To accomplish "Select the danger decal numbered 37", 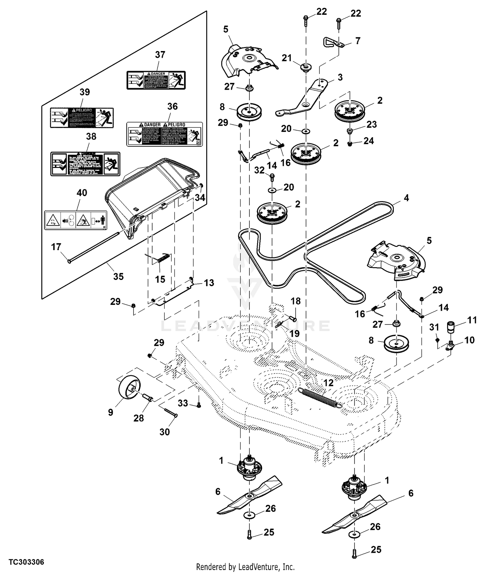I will [156, 80].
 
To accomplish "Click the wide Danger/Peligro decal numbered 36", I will [165, 134].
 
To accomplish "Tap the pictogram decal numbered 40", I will [75, 220].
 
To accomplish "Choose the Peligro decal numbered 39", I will [82, 118].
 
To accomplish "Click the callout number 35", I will [118, 276].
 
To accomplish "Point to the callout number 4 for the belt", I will [406, 198].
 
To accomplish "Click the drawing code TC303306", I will [26, 562].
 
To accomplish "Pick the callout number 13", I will [209, 283].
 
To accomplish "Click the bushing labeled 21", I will [306, 67].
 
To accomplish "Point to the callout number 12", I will [328, 382].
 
